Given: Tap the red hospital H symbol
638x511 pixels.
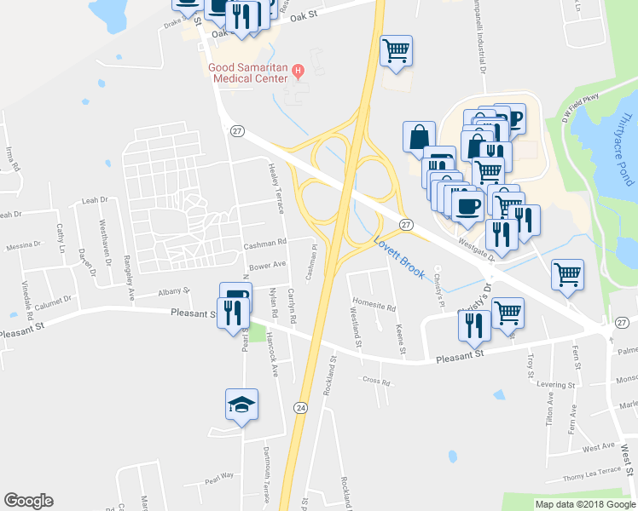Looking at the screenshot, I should (297, 72).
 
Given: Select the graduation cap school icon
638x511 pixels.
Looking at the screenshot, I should (241, 405).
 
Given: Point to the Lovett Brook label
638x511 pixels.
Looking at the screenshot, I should (399, 257).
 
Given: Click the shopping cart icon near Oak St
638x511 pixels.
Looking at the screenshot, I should (396, 50).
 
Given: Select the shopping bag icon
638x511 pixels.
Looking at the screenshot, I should (420, 136).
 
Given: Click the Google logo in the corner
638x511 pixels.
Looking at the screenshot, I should (28, 501).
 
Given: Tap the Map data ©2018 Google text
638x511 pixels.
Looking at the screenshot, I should (584, 504).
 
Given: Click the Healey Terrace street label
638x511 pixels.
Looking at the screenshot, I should (275, 187).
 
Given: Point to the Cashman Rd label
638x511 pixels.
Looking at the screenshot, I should (264, 244).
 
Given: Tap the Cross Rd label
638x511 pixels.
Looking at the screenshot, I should (375, 380).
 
